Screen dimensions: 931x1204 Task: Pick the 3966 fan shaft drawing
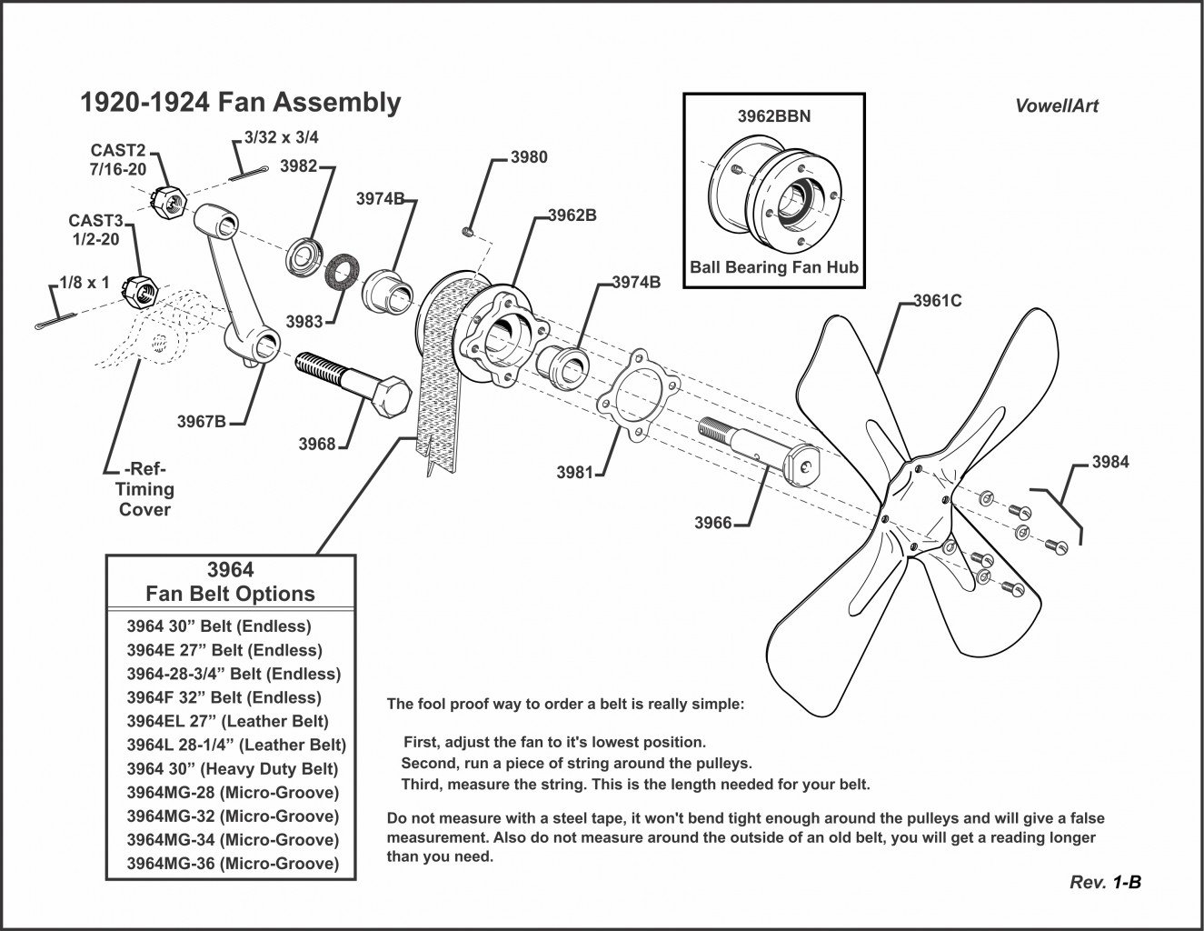[x=760, y=445]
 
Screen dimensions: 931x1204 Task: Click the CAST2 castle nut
[x=168, y=198]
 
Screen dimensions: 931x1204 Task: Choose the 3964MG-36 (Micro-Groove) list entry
[x=232, y=864]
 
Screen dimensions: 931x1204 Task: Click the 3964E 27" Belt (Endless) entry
[x=224, y=650]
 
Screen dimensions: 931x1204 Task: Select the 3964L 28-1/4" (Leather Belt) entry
[x=235, y=745]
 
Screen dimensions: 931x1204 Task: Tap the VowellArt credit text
[x=1056, y=106]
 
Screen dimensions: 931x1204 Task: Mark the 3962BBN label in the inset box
[x=773, y=117]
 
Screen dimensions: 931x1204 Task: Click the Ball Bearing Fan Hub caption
[x=773, y=268]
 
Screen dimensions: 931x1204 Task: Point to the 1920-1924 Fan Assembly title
[x=241, y=103]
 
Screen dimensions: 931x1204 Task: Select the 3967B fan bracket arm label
[x=201, y=422]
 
